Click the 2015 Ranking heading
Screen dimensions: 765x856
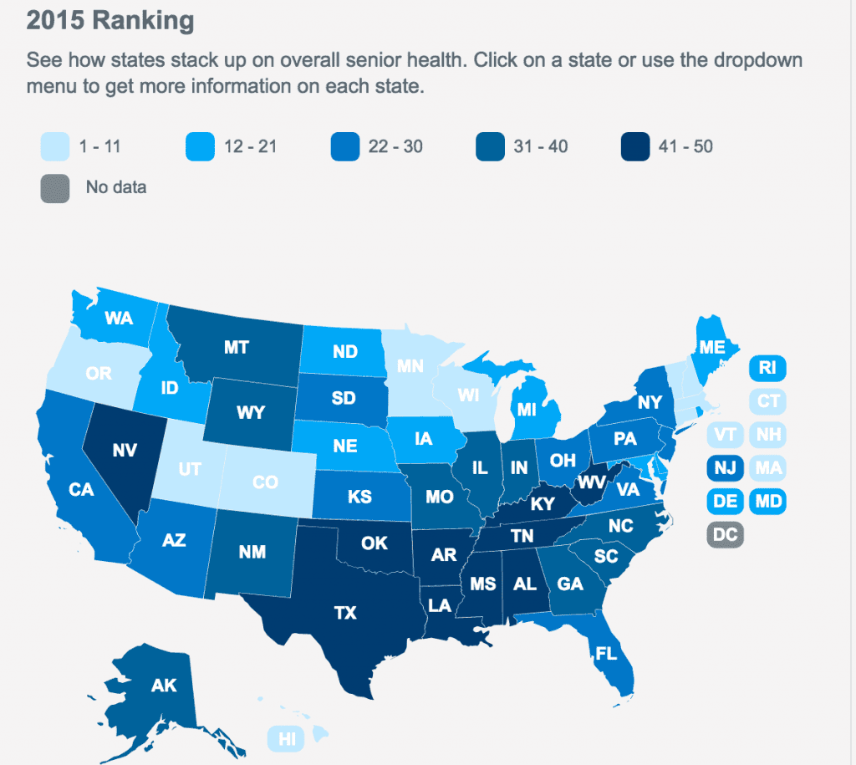click(110, 20)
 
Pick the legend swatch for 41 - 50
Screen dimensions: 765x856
click(634, 147)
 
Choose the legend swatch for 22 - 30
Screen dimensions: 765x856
click(344, 147)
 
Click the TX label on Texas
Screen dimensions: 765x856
click(345, 613)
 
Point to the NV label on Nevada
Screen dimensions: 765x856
click(125, 450)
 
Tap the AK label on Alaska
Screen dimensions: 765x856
click(163, 686)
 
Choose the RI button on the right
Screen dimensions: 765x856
click(767, 367)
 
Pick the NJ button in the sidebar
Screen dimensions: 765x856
click(726, 468)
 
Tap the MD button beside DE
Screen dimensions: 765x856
click(767, 502)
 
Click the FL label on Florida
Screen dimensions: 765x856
click(607, 651)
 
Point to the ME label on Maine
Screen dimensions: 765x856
click(712, 347)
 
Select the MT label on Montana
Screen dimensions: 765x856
click(237, 347)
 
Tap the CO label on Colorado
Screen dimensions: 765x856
click(265, 482)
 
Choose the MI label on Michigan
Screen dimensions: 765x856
click(527, 410)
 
